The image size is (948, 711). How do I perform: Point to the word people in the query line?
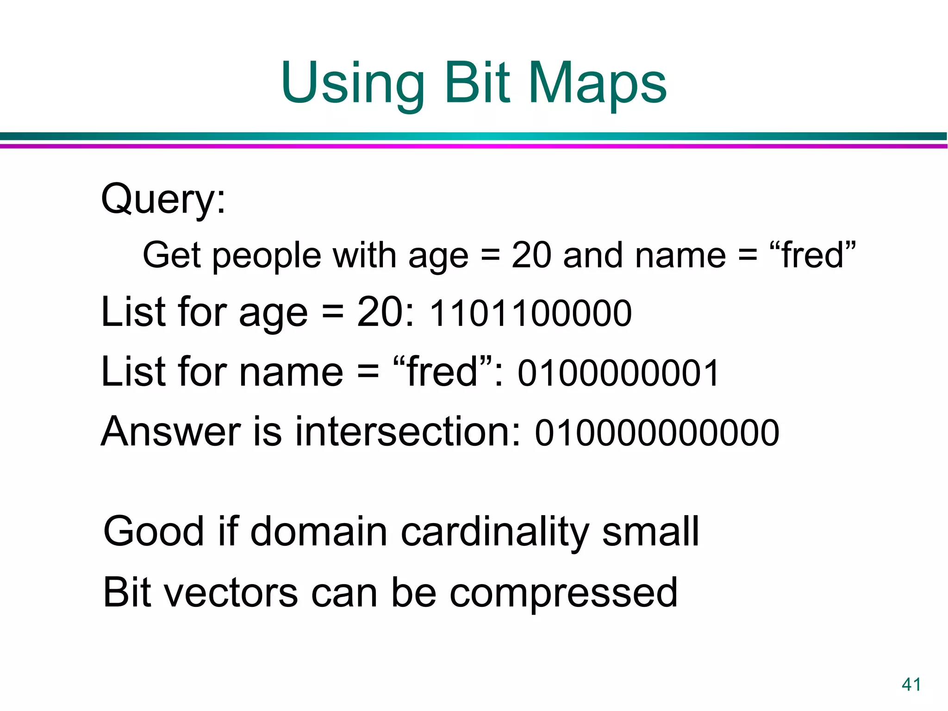(267, 256)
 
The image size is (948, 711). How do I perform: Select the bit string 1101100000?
(530, 314)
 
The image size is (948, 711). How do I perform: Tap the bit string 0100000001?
(618, 373)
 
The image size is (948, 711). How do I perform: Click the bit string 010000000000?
(657, 433)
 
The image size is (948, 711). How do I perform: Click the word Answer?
(171, 431)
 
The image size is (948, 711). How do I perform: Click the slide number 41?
(911, 684)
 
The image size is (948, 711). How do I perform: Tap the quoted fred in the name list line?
(442, 372)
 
